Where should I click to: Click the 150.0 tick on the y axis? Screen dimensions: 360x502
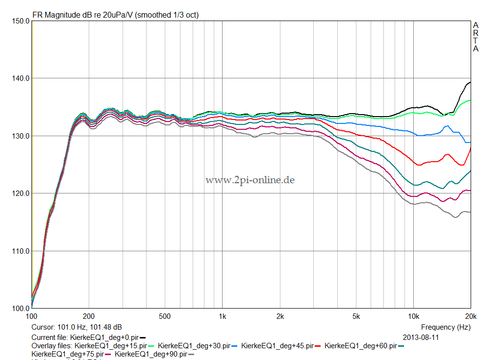20,21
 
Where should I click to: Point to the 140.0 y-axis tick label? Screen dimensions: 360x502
20,78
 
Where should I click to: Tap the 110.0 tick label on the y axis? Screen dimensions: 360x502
20,251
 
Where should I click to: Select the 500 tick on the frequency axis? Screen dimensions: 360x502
165,316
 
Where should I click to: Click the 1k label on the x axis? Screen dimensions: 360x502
222,316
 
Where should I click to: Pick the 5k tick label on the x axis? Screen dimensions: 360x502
356,316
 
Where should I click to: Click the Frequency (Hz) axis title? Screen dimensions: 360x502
446,327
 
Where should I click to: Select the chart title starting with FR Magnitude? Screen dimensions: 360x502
115,15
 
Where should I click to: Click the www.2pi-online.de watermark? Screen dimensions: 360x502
250,180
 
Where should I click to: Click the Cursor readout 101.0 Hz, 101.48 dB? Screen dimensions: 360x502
76,327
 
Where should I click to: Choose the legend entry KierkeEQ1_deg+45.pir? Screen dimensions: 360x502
278,346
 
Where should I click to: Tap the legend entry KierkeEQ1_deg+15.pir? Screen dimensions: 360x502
111,346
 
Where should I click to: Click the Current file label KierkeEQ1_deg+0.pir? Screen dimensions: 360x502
104,337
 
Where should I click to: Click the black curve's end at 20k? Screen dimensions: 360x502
470,82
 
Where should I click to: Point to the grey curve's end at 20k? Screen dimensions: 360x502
470,212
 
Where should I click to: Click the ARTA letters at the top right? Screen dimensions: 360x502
476,37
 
